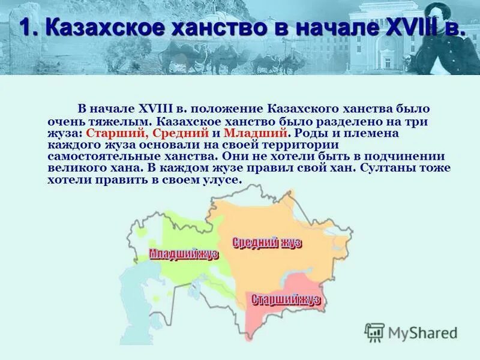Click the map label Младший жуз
(184, 254)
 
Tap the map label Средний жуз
(266, 242)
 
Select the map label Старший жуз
(286, 300)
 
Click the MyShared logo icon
(374, 332)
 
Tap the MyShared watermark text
(422, 333)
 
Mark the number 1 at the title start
(25, 27)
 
